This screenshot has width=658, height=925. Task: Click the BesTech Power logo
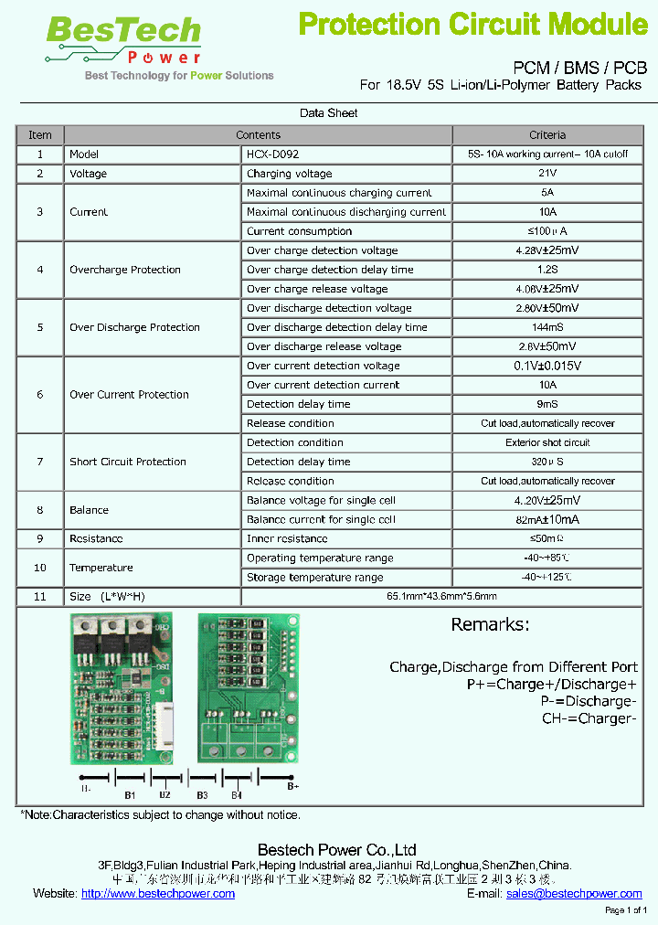tap(123, 41)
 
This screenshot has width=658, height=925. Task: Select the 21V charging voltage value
tap(547, 174)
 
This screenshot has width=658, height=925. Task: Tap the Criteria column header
tap(547, 135)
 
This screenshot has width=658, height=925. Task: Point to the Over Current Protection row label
tap(129, 395)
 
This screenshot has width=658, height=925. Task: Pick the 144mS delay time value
tap(547, 327)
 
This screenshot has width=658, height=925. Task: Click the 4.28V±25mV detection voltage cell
tap(547, 250)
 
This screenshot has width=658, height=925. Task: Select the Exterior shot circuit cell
tap(547, 442)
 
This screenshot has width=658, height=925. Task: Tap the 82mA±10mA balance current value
tap(547, 519)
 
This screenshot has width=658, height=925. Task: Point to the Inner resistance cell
tap(287, 539)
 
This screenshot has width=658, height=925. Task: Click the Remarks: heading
tap(490, 625)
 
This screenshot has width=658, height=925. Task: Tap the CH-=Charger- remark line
tap(589, 718)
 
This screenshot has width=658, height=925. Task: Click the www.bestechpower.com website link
tap(158, 894)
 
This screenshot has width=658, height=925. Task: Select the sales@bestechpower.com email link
tap(574, 894)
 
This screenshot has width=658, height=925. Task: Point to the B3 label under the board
tap(202, 795)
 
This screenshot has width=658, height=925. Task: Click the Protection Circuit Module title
tap(473, 25)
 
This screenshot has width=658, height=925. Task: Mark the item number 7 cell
tap(39, 462)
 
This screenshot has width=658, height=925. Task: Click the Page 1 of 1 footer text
tap(626, 911)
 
